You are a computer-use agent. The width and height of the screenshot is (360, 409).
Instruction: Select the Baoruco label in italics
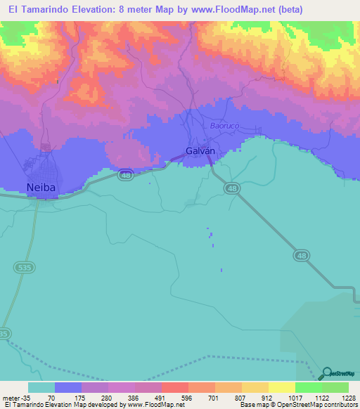coord(225,126)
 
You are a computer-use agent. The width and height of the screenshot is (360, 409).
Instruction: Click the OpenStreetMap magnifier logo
coord(328,373)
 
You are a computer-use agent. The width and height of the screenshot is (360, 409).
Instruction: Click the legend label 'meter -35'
coord(17,398)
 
